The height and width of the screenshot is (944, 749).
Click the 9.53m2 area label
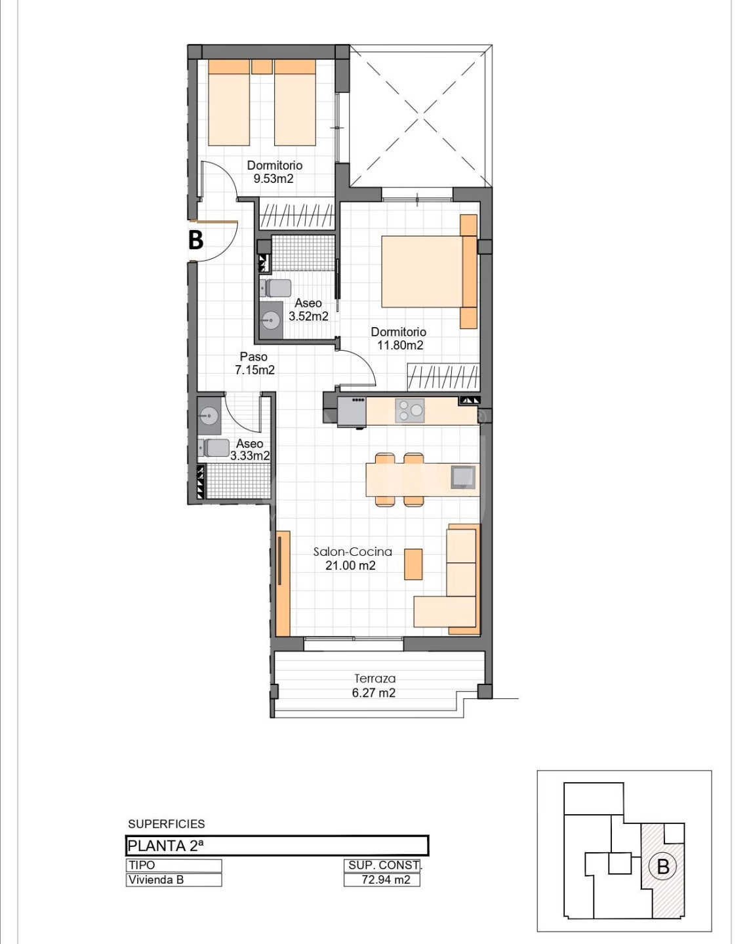(273, 178)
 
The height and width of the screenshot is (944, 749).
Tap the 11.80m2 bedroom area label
(400, 345)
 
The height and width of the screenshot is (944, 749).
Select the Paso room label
(254, 357)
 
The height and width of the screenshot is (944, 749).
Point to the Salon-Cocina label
(353, 552)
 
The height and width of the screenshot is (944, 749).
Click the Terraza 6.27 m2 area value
(374, 693)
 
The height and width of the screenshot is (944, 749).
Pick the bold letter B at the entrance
(196, 240)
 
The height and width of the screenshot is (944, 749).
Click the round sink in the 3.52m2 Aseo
(271, 320)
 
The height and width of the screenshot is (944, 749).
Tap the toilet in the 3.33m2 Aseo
(214, 448)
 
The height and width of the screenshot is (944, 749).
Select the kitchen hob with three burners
(410, 410)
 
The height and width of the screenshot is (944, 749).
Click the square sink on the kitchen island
(463, 477)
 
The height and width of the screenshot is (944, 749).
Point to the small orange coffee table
(413, 564)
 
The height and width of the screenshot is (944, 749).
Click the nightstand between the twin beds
(262, 67)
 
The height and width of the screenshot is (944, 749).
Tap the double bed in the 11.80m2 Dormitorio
(430, 271)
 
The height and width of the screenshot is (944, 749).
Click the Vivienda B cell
(174, 880)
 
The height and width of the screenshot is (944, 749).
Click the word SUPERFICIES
(167, 824)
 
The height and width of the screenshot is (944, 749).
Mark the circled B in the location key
(663, 867)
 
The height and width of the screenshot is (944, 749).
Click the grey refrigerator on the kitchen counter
(352, 412)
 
